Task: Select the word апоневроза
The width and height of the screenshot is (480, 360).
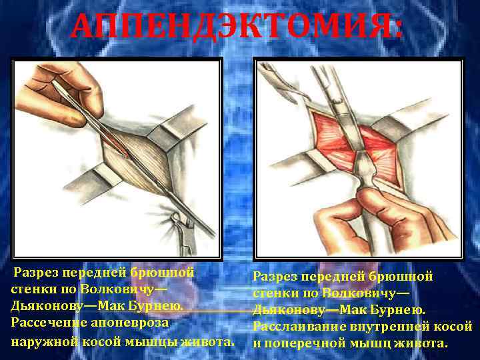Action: [x=133, y=322]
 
